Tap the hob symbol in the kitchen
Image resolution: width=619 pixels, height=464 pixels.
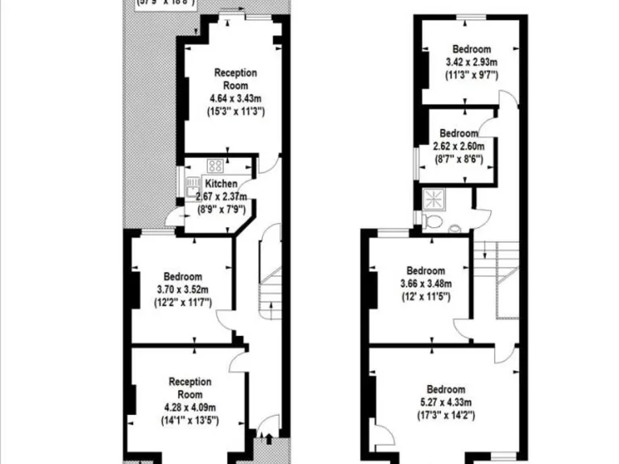[x=215, y=167]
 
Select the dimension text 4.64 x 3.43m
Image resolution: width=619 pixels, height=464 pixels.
[x=235, y=98]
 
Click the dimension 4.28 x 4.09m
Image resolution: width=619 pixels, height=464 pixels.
[x=190, y=408]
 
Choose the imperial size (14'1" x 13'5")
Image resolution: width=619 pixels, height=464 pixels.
[x=190, y=420]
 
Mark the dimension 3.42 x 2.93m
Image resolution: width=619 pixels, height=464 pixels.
[x=472, y=62]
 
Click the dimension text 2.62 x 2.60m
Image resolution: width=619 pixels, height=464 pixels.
[x=459, y=147]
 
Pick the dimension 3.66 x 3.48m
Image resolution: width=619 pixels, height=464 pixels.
[x=425, y=284]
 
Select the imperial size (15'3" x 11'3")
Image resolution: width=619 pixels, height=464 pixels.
[x=235, y=111]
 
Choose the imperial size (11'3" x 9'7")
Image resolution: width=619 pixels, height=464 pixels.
[x=472, y=75]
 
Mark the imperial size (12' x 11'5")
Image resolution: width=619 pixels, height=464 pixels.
[x=425, y=296]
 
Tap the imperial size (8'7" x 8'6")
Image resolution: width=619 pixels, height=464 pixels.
[x=459, y=159]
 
